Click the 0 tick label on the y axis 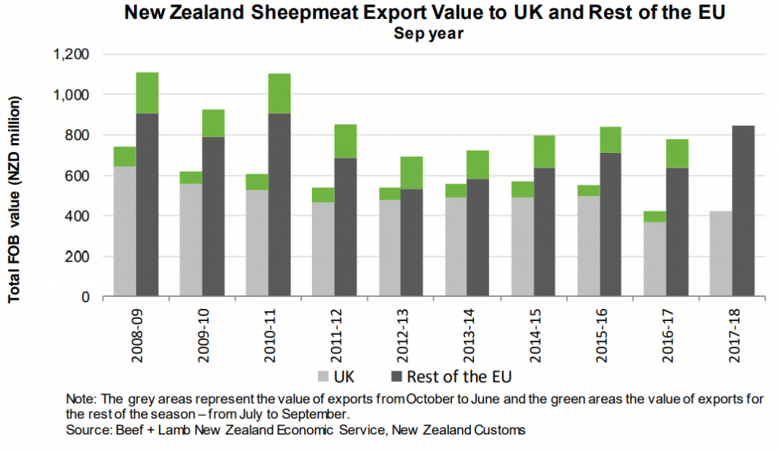click(87, 297)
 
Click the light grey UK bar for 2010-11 click(256, 243)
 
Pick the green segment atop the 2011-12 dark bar click(345, 142)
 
